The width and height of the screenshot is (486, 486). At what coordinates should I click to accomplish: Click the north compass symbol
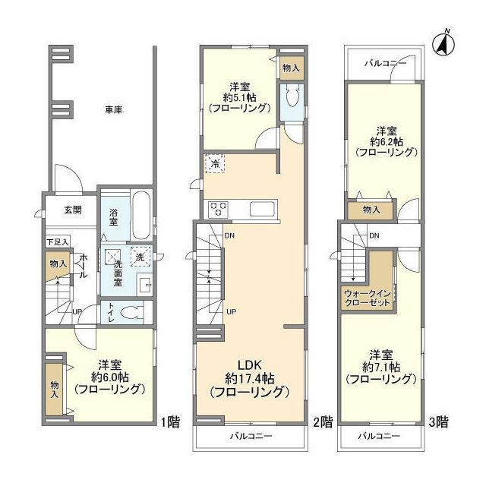coord(443,44)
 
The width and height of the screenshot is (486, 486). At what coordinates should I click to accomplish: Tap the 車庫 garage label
coord(114,109)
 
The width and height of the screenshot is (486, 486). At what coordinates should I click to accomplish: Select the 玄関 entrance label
coord(73,210)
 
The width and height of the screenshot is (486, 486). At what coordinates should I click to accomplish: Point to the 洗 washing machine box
coord(140,256)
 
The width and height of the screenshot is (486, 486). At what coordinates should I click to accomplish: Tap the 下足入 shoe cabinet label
coord(58,242)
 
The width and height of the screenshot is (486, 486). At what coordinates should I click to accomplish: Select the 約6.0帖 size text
coord(110,377)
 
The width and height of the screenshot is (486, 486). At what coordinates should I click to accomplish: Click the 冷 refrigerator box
coord(214,164)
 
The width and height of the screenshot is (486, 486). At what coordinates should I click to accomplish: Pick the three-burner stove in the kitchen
coord(219,208)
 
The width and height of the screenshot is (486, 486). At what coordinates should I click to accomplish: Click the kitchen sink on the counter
coord(263,209)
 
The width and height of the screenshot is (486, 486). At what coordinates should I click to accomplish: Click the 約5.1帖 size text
coord(240,98)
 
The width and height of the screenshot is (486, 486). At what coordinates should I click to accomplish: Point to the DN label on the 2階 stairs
coord(229,236)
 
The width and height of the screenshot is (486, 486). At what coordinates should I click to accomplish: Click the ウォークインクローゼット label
coord(367,298)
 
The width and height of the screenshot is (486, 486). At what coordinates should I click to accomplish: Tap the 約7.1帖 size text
coord(381,368)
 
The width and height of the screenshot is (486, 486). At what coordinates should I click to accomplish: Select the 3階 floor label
coord(438,422)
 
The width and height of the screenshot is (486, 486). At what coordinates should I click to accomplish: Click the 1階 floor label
coord(170,422)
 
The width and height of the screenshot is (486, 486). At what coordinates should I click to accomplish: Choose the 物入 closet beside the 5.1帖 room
coord(291,68)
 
